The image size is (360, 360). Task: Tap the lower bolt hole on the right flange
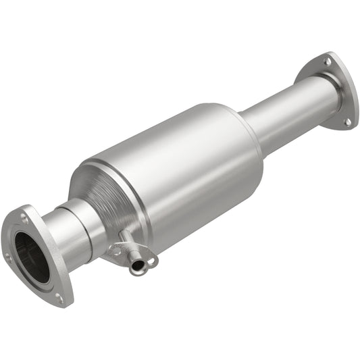[x=346, y=122]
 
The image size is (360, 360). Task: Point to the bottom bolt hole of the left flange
[x=59, y=297]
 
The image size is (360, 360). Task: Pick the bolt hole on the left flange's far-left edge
[x=8, y=256]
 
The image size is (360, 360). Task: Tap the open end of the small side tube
[x=138, y=267]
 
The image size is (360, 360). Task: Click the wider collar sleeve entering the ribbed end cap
[x=86, y=220]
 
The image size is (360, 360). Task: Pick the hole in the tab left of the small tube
[x=115, y=250]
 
